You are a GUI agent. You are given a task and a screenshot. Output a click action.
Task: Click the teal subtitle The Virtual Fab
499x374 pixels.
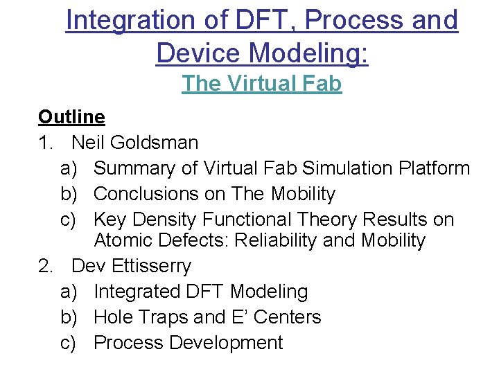tap(262, 84)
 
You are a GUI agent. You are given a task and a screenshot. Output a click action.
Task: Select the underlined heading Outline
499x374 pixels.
tap(71, 117)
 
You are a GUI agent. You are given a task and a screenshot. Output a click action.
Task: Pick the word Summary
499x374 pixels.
tap(137, 168)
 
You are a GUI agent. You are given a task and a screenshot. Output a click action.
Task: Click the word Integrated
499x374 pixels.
tap(134, 292)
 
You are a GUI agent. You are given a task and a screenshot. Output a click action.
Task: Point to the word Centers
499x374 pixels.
tap(288, 317)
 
